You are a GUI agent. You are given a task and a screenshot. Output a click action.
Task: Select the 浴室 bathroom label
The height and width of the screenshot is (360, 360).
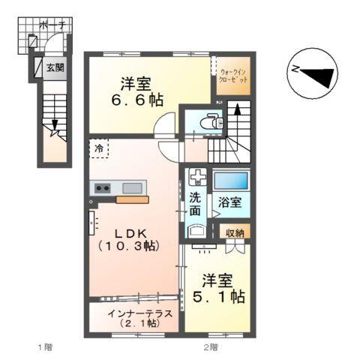coord(229,202)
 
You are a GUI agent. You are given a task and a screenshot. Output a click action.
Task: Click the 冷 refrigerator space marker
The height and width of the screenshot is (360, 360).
coord(100,148)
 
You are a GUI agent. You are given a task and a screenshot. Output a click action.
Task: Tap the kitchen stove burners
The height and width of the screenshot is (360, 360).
coord(102,187)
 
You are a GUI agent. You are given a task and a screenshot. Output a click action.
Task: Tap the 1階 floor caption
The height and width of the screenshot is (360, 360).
coord(45,347)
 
